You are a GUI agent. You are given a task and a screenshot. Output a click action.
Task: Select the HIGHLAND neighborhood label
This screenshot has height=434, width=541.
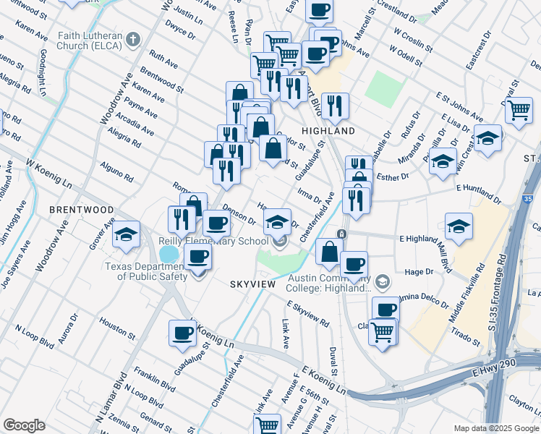pyautogui.click(x=328, y=131)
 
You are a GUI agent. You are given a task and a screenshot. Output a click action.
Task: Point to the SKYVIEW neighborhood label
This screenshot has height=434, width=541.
pyautogui.click(x=253, y=284)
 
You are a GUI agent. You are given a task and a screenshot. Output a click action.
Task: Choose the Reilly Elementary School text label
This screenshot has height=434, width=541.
pyautogui.click(x=213, y=241)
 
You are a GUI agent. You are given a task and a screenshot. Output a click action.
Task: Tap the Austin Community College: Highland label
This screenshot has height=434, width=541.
pyautogui.click(x=330, y=283)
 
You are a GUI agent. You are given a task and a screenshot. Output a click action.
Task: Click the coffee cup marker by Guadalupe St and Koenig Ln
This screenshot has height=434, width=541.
pyautogui.click(x=183, y=333)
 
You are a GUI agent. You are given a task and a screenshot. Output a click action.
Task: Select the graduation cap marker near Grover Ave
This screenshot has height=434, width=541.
pyautogui.click(x=126, y=234)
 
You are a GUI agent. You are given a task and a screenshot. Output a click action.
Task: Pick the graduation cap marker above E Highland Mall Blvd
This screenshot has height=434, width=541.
pyautogui.click(x=459, y=226)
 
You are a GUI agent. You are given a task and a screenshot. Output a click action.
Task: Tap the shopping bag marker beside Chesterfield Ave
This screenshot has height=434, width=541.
pyautogui.click(x=329, y=252)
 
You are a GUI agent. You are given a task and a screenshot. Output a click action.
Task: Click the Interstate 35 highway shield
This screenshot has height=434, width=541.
pyautogui.click(x=527, y=197)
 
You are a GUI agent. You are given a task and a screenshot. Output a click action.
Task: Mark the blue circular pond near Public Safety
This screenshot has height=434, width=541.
pyautogui.click(x=168, y=254)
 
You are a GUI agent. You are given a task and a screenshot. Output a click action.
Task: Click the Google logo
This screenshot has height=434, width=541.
pyautogui.click(x=25, y=425)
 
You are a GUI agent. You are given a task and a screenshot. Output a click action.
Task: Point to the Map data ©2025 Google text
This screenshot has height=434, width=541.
pyautogui.click(x=495, y=428)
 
